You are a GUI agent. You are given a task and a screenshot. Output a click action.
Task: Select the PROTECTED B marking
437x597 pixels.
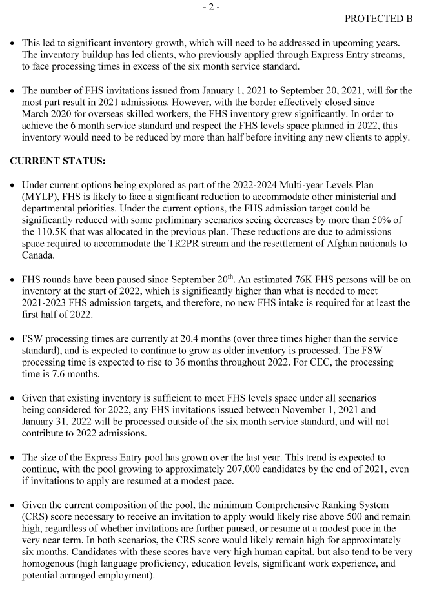(378, 19)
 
